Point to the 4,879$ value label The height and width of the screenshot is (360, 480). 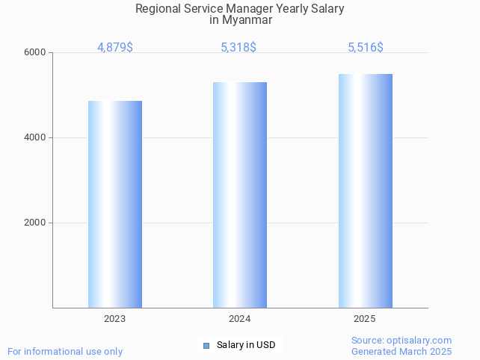coord(115,47)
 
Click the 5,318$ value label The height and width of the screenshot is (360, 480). coord(239,47)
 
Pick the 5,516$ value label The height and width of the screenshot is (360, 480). coord(366,47)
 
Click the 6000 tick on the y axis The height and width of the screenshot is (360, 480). coord(36,52)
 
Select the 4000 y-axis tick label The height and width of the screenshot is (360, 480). coord(36,137)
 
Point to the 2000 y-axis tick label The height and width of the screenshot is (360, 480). coord(36,223)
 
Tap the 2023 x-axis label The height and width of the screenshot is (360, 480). coord(115,319)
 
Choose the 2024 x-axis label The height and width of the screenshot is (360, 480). coord(240,319)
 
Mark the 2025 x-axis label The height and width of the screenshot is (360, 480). coord(365,319)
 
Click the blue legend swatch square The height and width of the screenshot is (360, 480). coord(206,345)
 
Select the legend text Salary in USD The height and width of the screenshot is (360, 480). coord(246,345)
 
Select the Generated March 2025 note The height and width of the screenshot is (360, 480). coord(401,351)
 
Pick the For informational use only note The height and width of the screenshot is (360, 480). coord(65,351)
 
